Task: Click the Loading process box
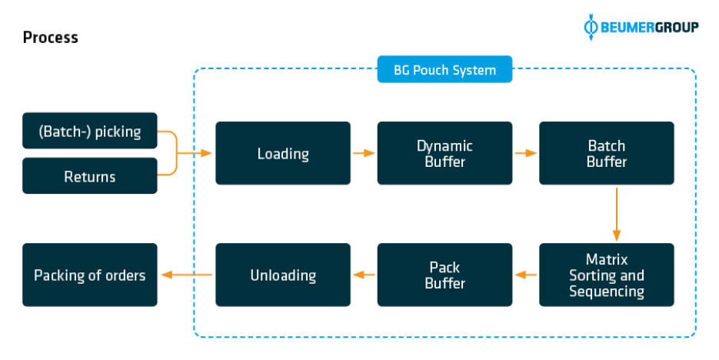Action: (282, 153)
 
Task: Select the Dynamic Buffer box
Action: (444, 153)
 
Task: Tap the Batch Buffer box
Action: (606, 153)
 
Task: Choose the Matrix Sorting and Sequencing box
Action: (606, 275)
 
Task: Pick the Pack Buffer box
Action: (444, 275)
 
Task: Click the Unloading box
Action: (282, 275)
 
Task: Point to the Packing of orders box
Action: (89, 275)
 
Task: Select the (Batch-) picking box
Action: (89, 131)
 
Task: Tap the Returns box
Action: (89, 176)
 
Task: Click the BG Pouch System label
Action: (444, 70)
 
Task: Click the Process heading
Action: (50, 37)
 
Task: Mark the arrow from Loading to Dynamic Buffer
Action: (364, 153)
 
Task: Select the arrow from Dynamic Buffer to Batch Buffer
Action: (525, 153)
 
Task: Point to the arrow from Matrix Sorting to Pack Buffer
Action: (525, 275)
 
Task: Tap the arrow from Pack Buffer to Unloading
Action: (364, 275)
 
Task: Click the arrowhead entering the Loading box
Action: (206, 153)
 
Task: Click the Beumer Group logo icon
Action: (591, 27)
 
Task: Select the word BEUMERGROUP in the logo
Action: (650, 28)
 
